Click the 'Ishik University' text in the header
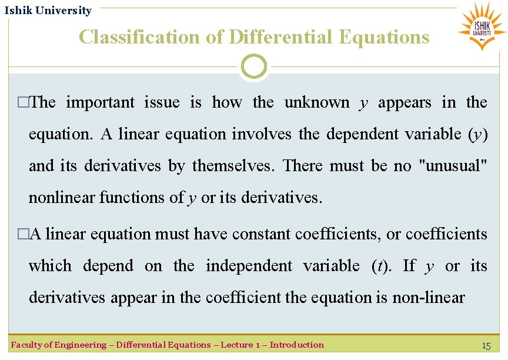[48, 11]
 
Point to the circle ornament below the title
[254, 67]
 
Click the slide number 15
[486, 346]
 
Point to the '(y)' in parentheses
[478, 134]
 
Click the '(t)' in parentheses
[383, 266]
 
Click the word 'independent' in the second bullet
[249, 266]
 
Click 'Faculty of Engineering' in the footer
[56, 345]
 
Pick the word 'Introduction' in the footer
[296, 345]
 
